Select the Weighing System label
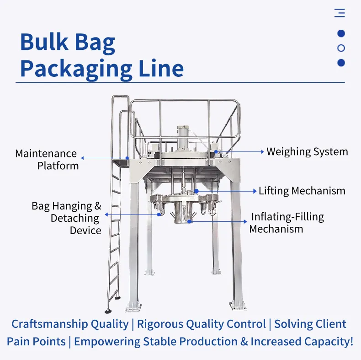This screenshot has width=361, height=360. [307, 151]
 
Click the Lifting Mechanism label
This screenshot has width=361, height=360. [302, 191]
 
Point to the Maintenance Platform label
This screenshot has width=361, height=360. [46, 159]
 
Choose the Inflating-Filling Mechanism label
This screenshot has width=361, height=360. [287, 222]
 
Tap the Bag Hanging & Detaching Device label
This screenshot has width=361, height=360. [66, 218]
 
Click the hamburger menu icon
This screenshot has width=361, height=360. [340, 13]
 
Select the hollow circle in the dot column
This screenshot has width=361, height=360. [341, 48]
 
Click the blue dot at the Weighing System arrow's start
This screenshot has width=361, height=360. [217, 151]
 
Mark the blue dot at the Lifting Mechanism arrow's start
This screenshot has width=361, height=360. [196, 191]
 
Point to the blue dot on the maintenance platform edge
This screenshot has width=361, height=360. [128, 158]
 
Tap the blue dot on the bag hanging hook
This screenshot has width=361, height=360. [159, 214]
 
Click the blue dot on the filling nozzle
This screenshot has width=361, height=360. [189, 221]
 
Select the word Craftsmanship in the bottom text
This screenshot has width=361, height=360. [48, 324]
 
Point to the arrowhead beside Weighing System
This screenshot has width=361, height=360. [262, 151]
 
